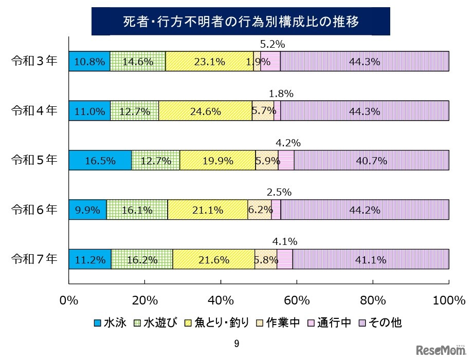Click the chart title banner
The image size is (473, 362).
pyautogui.click(x=241, y=22)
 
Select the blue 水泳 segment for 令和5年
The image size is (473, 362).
pyautogui.click(x=100, y=160)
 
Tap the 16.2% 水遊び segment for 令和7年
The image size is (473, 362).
pyautogui.click(x=142, y=259)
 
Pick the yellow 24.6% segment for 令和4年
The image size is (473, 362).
pyautogui.click(x=205, y=111)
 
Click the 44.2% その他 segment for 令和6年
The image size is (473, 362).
pyautogui.click(x=365, y=210)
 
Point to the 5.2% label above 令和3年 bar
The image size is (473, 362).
pyautogui.click(x=270, y=44)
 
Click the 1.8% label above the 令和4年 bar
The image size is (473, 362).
pyautogui.click(x=281, y=93)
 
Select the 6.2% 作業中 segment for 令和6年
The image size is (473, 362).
pyautogui.click(x=259, y=210)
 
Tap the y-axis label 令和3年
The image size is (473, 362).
pyautogui.click(x=35, y=61)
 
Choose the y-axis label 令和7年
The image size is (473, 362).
pyautogui.click(x=35, y=259)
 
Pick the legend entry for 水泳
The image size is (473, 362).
pyautogui.click(x=110, y=322)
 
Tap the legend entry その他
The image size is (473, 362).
pyautogui.click(x=380, y=322)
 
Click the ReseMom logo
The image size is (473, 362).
pyautogui.click(x=441, y=351)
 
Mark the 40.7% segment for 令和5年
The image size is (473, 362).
pyautogui.click(x=371, y=160)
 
